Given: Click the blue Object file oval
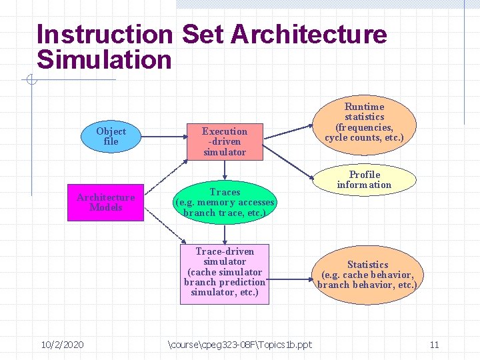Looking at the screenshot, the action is tap(111, 136).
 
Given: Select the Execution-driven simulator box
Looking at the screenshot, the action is tap(225, 141).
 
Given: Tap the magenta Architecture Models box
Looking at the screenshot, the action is tap(105, 202).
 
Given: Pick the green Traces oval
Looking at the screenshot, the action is tap(225, 202).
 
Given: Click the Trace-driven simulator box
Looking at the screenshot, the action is tap(225, 272).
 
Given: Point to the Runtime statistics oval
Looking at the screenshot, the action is tap(364, 122).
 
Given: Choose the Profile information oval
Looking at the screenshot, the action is tap(364, 179).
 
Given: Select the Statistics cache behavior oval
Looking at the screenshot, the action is tap(367, 275).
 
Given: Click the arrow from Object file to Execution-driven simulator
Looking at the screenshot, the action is tap(163, 137).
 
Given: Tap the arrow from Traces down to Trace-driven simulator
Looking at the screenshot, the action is tap(225, 233).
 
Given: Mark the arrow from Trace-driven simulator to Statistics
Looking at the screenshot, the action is tap(292, 274).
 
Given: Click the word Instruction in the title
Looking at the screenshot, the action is tap(105, 35).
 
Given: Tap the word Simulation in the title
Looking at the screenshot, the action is tap(104, 60).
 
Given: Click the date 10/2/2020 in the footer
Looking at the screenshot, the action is tap(62, 345).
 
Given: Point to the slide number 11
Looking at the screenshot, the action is tap(434, 345).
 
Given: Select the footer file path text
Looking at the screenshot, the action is tap(239, 345).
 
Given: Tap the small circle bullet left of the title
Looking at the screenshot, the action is tap(31, 81).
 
